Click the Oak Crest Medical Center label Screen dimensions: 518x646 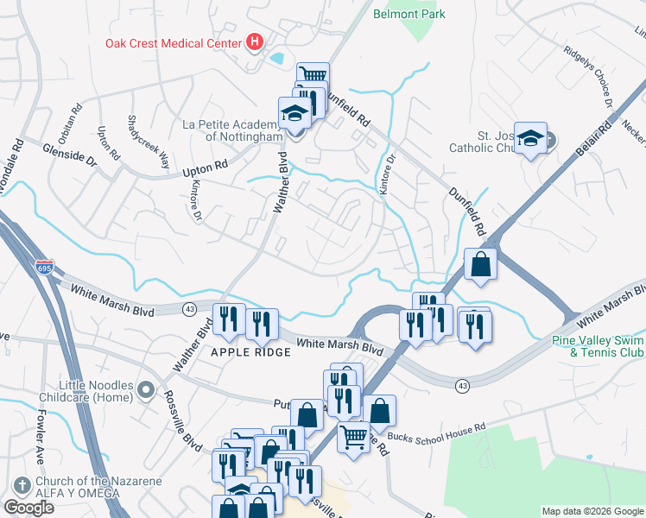click(x=174, y=42)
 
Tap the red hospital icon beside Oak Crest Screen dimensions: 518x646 click(x=255, y=41)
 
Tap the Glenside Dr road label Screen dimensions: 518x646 click(x=69, y=155)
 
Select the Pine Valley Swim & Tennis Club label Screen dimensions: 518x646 click(x=598, y=346)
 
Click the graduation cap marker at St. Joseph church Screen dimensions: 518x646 click(x=532, y=137)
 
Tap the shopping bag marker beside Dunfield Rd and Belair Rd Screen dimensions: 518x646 click(x=480, y=264)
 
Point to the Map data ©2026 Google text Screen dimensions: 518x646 click(x=592, y=511)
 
